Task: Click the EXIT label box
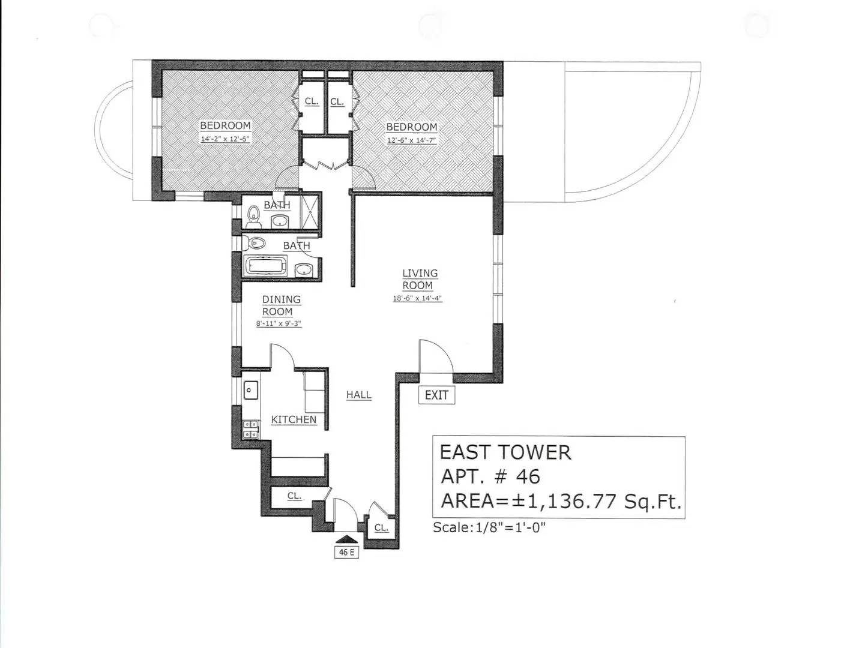pyautogui.click(x=436, y=395)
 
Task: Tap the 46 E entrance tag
pyautogui.click(x=346, y=552)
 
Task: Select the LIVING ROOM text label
pyautogui.click(x=420, y=279)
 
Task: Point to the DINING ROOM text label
pyautogui.click(x=280, y=305)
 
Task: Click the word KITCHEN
pyautogui.click(x=294, y=419)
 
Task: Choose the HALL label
pyautogui.click(x=358, y=395)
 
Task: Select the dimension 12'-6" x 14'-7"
pyautogui.click(x=411, y=140)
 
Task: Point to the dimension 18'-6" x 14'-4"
pyautogui.click(x=417, y=298)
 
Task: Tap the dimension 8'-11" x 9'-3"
pyautogui.click(x=278, y=323)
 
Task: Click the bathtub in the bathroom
pyautogui.click(x=266, y=266)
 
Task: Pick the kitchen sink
pyautogui.click(x=250, y=391)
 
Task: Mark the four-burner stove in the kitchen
pyautogui.click(x=250, y=429)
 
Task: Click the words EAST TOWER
pyautogui.click(x=505, y=452)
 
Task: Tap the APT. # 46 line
pyautogui.click(x=490, y=476)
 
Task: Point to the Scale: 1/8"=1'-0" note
pyautogui.click(x=489, y=527)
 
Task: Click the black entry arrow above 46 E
pyautogui.click(x=347, y=539)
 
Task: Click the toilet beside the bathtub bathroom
pyautogui.click(x=256, y=244)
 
